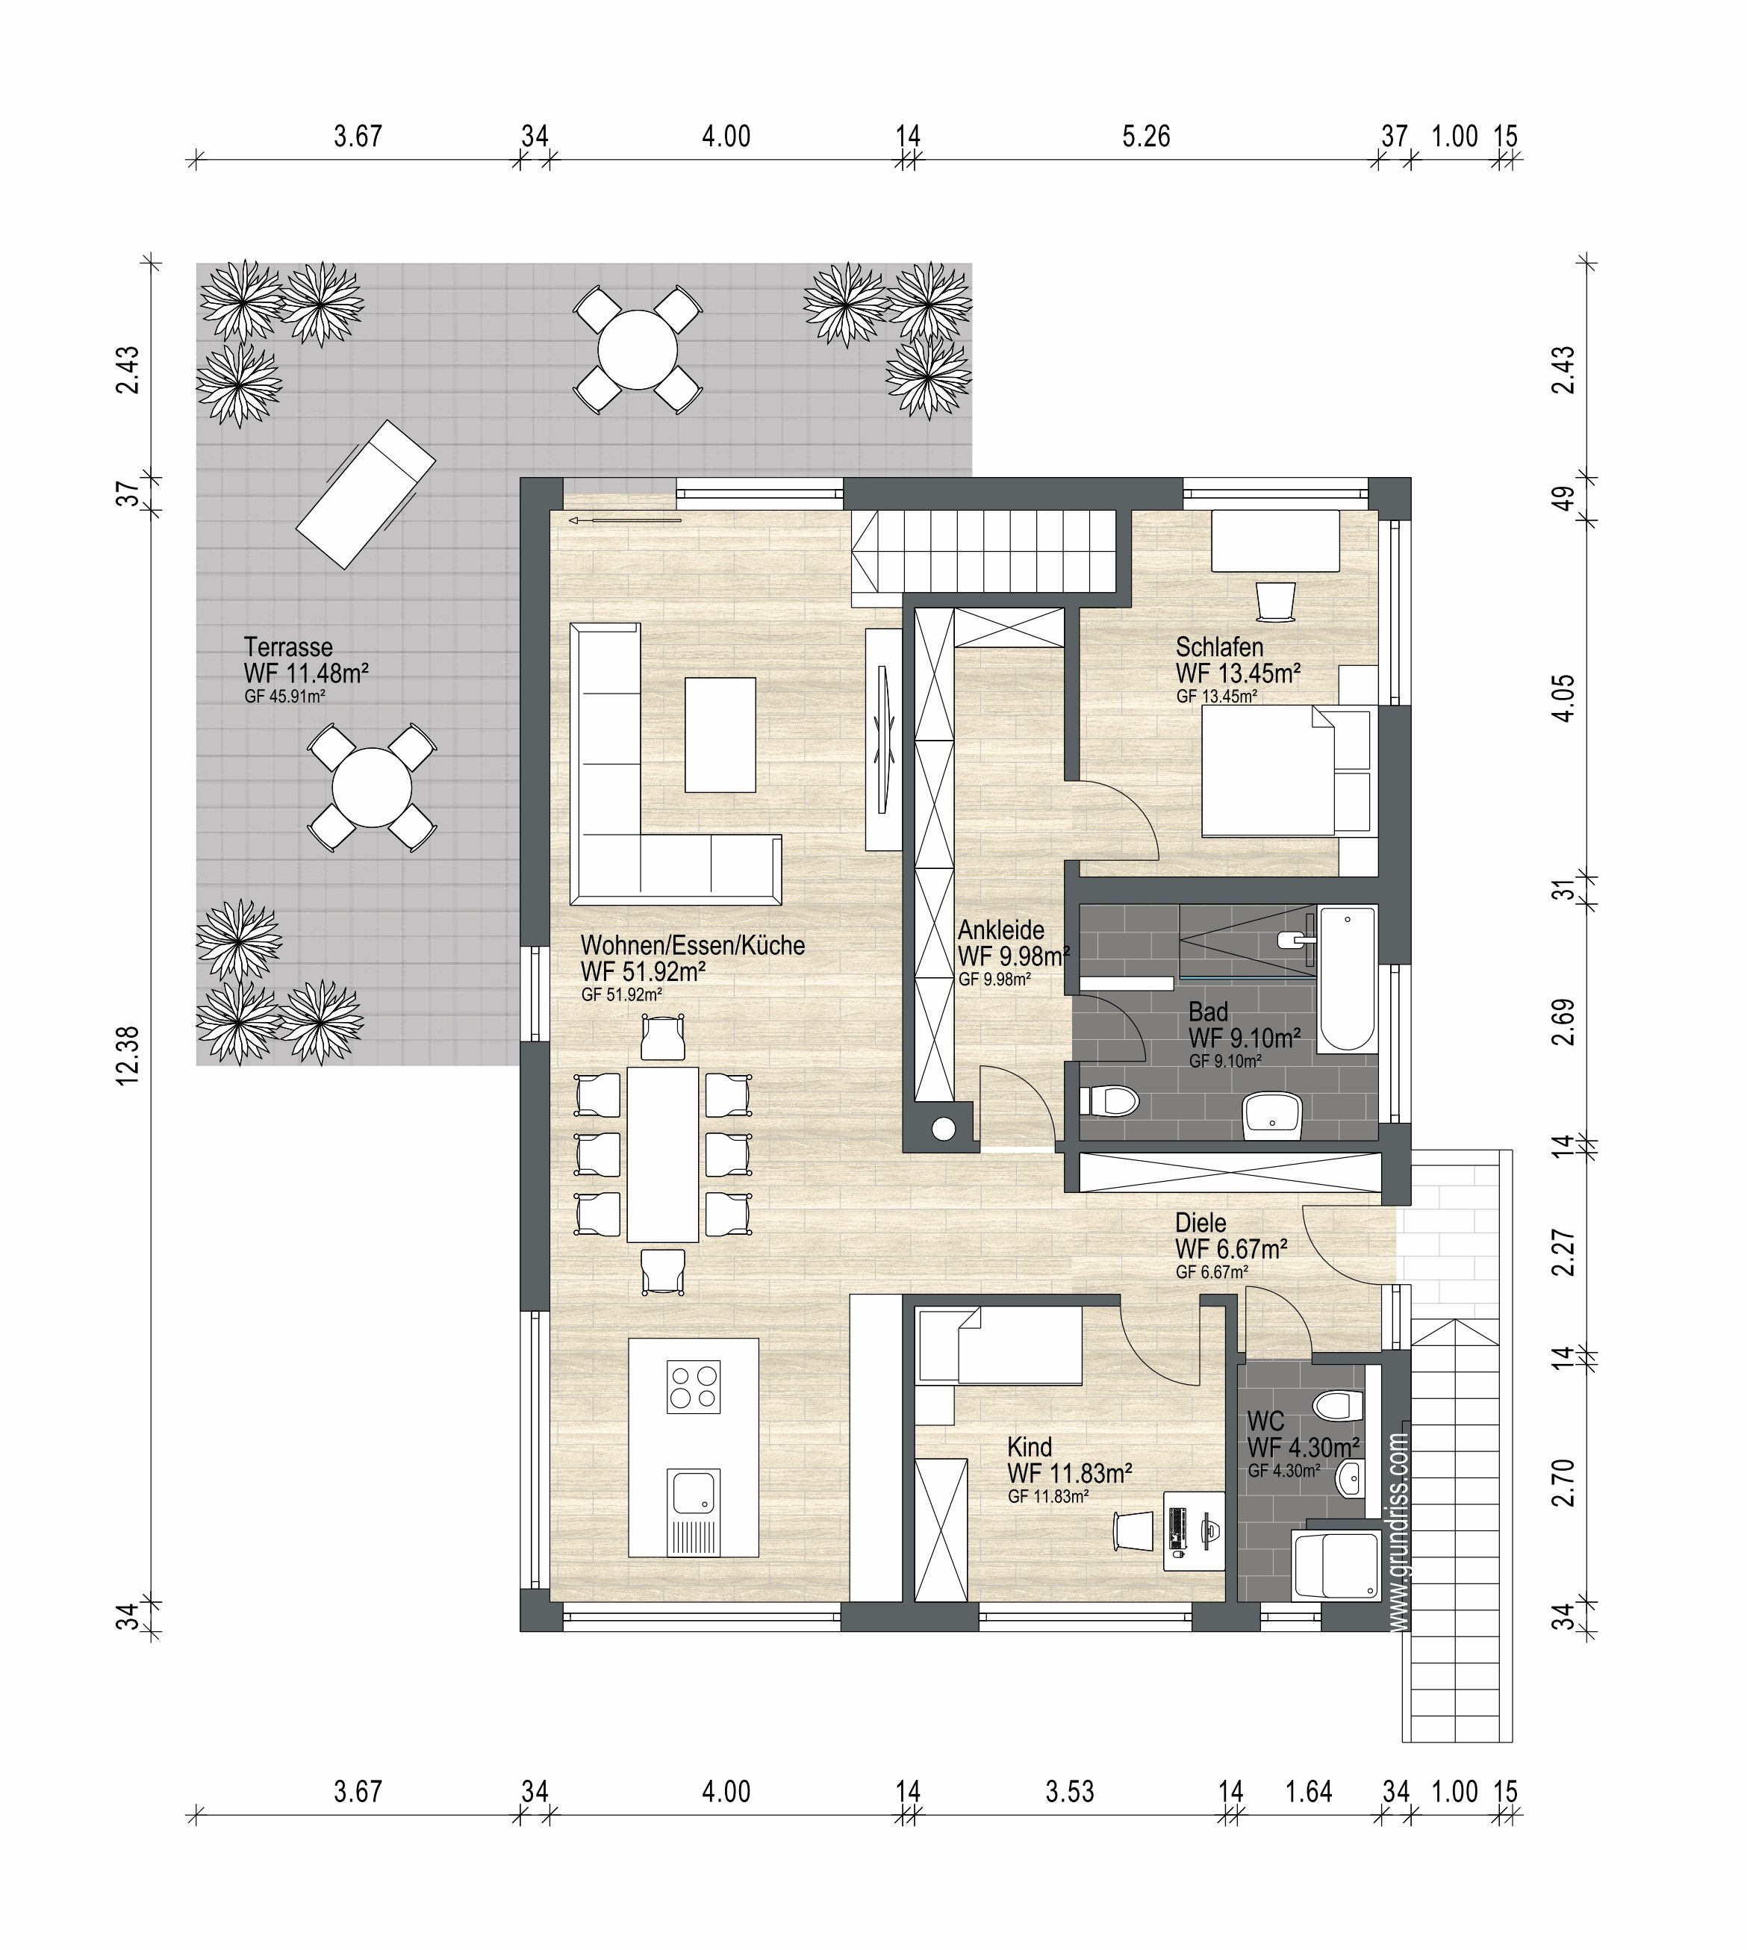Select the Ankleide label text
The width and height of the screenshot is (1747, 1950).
coord(1001,930)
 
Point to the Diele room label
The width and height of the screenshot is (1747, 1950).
coord(1201,1223)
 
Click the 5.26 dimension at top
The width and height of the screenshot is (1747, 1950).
coord(1146,137)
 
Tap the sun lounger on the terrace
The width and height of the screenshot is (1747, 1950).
coord(366,494)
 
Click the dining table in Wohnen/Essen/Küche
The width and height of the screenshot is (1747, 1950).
coord(662,1154)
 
